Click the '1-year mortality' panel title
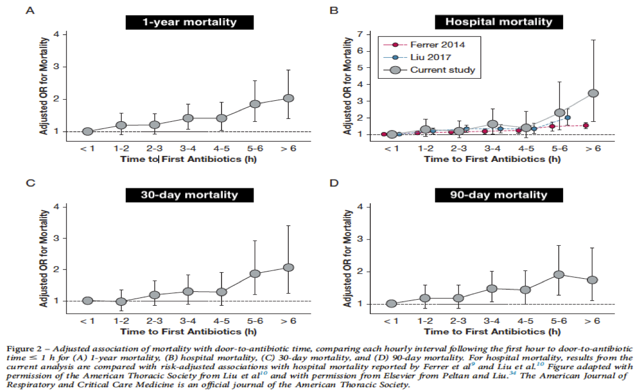pyautogui.click(x=190, y=23)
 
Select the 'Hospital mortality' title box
pyautogui.click(x=499, y=23)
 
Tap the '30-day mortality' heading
pyautogui.click(x=190, y=194)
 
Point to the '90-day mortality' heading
pyautogui.click(x=499, y=194)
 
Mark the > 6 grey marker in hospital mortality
pyautogui.click(x=593, y=93)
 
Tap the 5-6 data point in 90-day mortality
pyautogui.click(x=559, y=274)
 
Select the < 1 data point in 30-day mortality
pyautogui.click(x=87, y=300)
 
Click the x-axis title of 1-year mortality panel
pyautogui.click(x=189, y=159)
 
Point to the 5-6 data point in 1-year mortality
pyautogui.click(x=255, y=104)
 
